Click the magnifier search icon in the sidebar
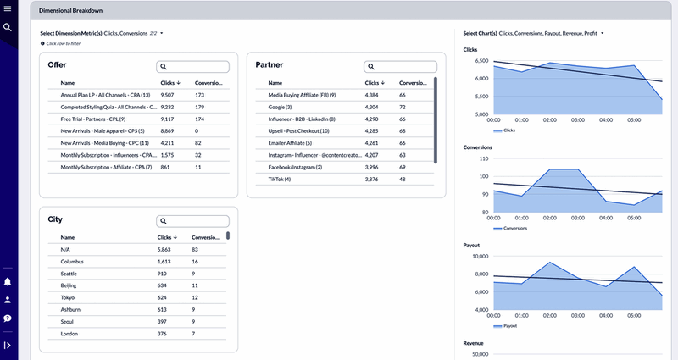7,27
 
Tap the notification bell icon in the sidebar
8,281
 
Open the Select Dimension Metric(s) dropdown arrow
161,33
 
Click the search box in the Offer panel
193,66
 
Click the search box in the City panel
193,221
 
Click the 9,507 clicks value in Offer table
169,95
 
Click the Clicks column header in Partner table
374,83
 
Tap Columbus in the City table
75,262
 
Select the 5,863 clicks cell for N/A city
168,250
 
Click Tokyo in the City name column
69,298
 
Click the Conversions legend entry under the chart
514,229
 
